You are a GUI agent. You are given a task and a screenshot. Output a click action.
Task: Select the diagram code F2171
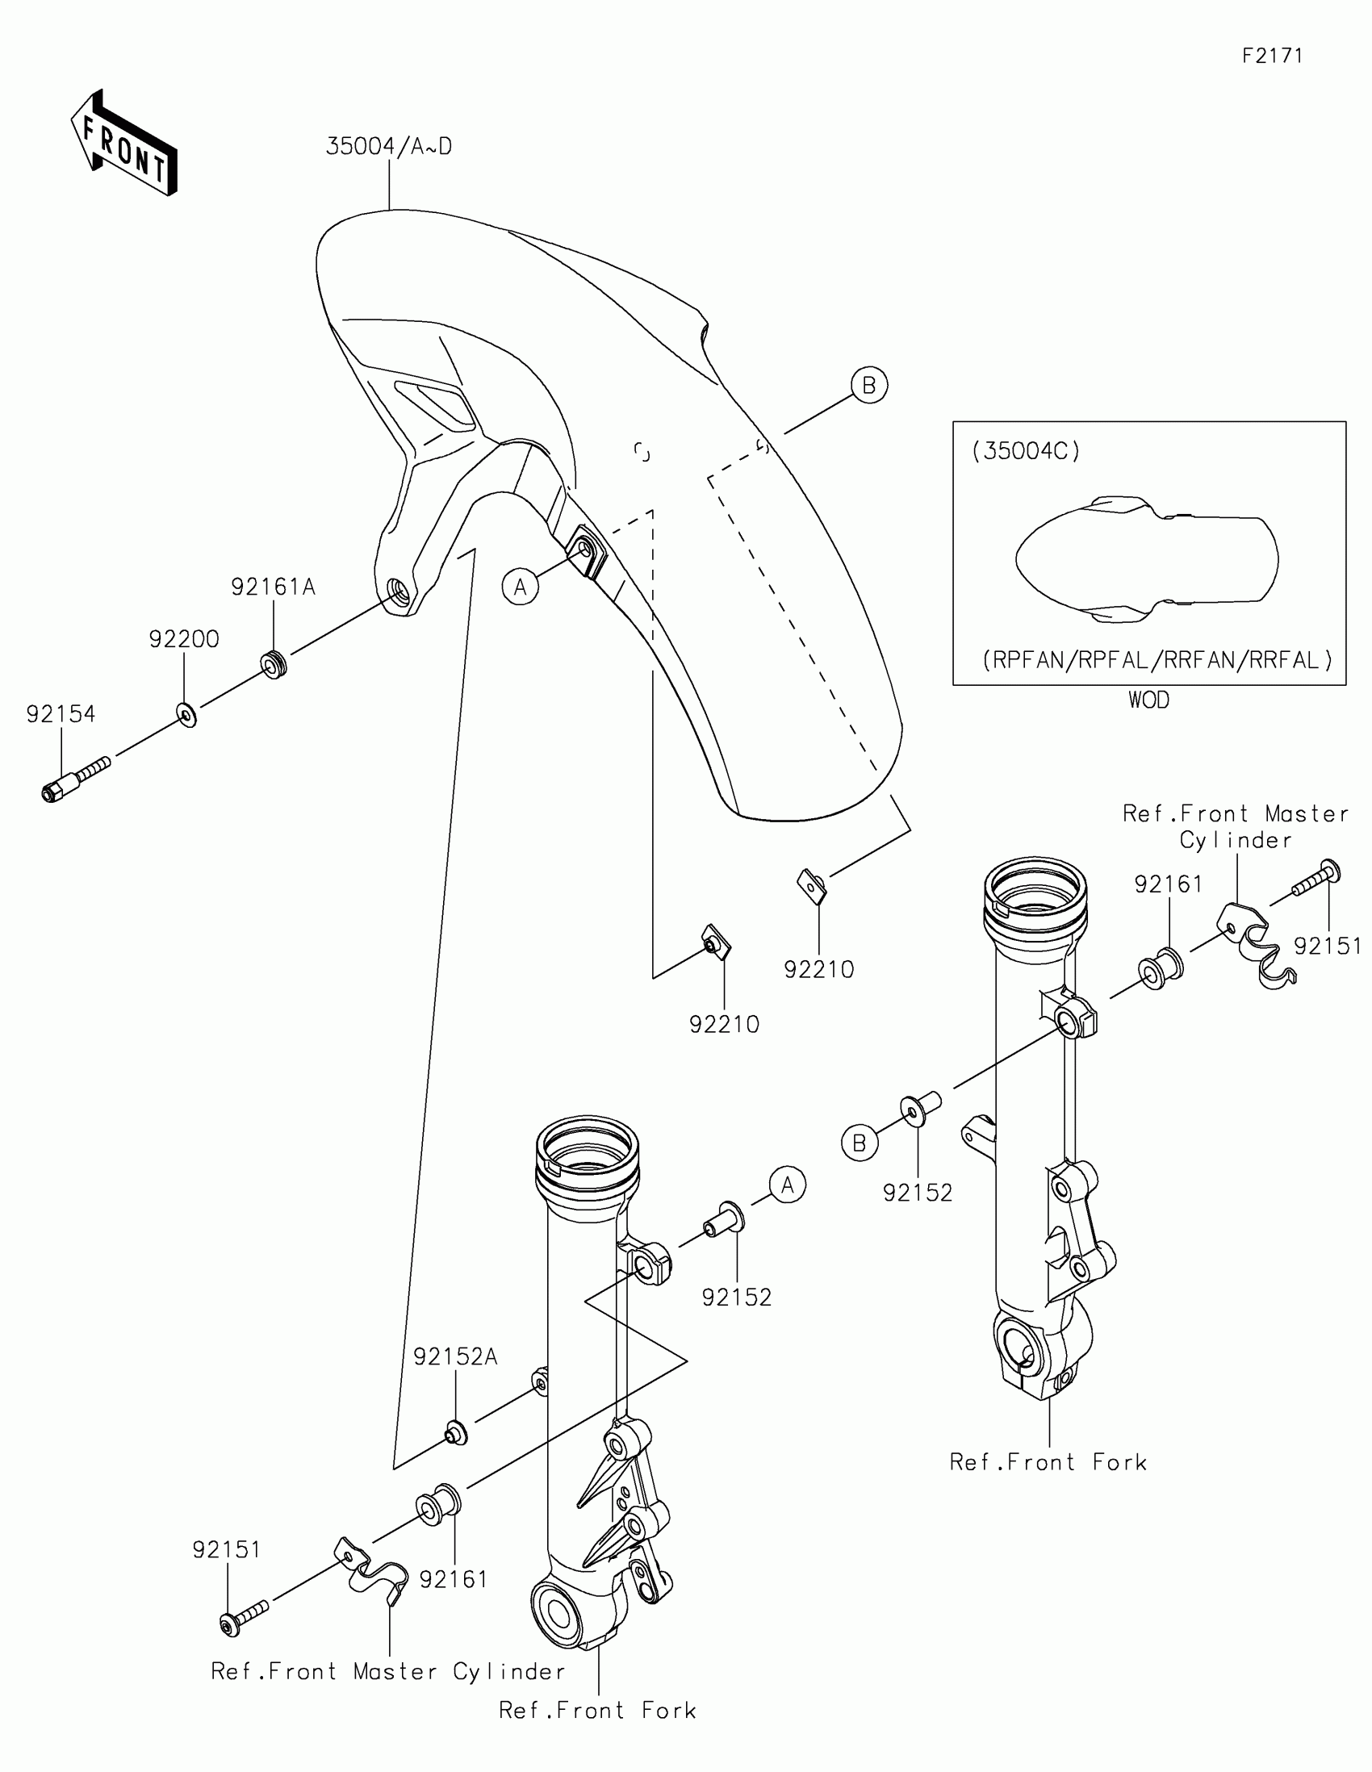(1272, 56)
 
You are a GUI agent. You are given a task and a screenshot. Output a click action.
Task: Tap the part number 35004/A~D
(389, 147)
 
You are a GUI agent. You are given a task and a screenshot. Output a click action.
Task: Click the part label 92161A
(273, 587)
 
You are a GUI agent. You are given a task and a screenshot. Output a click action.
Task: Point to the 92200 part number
(184, 639)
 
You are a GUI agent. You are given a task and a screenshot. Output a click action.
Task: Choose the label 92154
(61, 714)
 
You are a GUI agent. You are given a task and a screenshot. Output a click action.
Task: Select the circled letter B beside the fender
(869, 386)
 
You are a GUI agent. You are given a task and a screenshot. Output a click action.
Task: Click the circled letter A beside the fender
(520, 587)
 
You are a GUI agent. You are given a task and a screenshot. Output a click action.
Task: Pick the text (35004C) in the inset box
(1027, 451)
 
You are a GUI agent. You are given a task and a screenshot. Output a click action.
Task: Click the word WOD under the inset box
(1149, 700)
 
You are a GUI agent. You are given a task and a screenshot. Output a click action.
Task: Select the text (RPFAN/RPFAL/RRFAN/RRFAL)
(1158, 660)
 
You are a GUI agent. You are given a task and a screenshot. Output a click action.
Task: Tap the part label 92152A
(455, 1356)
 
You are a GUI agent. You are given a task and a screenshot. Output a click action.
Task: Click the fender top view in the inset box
(1148, 560)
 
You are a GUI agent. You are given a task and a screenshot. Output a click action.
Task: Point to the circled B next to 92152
(860, 1143)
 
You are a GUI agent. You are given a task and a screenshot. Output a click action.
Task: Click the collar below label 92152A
(455, 1434)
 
